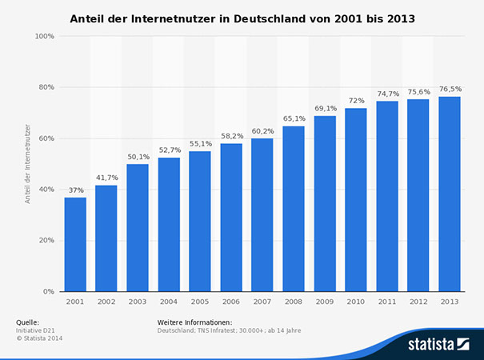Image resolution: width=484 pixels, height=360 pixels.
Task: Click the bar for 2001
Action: [x=75, y=244]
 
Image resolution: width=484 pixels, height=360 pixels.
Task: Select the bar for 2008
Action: [x=294, y=209]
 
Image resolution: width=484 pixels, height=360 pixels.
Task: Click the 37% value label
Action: [x=75, y=190]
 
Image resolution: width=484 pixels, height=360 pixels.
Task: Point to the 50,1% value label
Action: [x=138, y=157]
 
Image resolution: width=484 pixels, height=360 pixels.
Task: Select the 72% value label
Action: [x=356, y=101]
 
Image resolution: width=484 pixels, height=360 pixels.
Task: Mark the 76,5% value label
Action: [x=450, y=90]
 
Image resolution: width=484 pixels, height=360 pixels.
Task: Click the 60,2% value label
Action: [x=262, y=131]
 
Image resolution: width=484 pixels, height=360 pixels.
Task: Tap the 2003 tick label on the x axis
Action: [x=138, y=302]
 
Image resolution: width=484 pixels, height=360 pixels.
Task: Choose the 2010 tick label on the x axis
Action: [x=356, y=302]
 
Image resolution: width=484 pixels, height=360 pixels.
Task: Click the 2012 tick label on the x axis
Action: [x=418, y=302]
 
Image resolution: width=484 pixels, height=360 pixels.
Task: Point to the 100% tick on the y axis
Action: [x=45, y=36]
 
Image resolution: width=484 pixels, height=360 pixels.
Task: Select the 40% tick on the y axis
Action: [x=46, y=189]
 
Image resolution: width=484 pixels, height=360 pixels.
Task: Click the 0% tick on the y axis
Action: [x=49, y=291]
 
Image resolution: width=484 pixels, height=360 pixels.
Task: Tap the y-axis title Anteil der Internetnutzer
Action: [x=27, y=163]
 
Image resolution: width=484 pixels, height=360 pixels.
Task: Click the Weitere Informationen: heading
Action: [x=194, y=322]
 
